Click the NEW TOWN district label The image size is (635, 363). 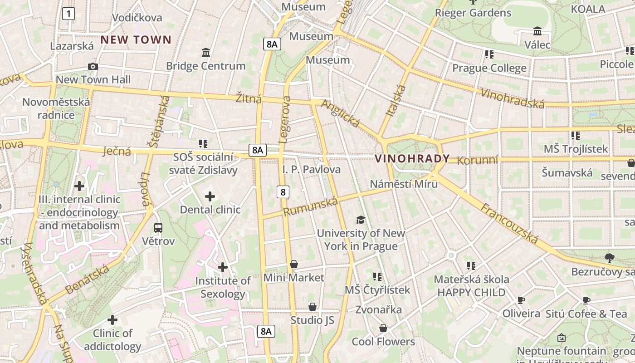tap(136, 39)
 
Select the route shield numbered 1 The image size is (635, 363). tap(68, 14)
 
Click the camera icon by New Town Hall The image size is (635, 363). tap(93, 67)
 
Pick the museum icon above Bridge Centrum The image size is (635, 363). tap(206, 53)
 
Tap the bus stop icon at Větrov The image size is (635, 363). tap(158, 228)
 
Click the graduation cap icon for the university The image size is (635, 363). tap(361, 220)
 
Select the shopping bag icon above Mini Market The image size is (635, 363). tap(294, 264)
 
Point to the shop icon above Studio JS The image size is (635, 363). tap(312, 307)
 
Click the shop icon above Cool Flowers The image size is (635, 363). tap(383, 328)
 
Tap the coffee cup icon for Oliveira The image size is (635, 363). tap(521, 300)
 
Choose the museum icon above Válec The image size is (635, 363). tap(537, 31)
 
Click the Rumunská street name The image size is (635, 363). tap(311, 206)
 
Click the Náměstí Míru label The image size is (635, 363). tap(404, 184)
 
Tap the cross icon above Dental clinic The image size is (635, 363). tap(210, 196)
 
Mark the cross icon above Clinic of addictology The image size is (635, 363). tap(112, 320)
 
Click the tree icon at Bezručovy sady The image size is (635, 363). tap(610, 258)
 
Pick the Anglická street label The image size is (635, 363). tap(340, 113)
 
